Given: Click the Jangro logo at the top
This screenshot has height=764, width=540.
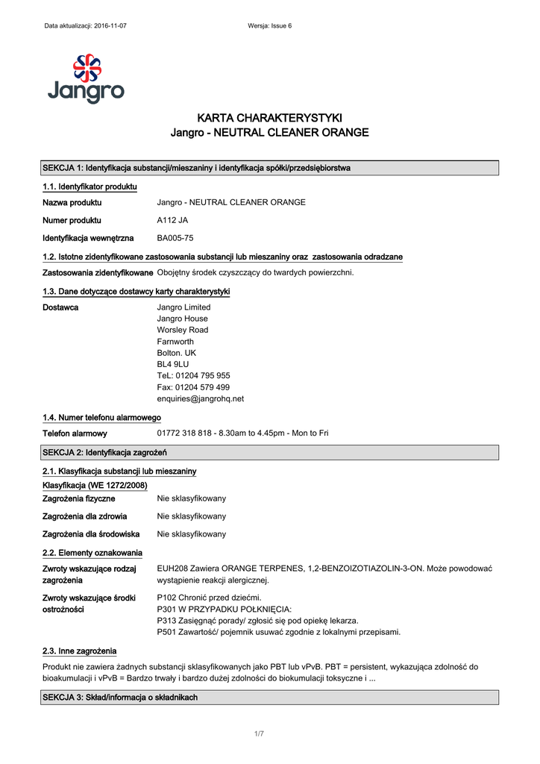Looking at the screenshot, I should point(86,78).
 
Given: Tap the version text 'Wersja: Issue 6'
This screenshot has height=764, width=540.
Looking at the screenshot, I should point(269,26).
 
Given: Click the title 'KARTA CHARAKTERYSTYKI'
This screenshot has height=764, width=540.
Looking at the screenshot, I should point(269,118).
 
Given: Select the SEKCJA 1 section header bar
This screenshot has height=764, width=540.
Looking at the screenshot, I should point(269,168).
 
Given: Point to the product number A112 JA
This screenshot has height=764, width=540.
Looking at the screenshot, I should point(172,220).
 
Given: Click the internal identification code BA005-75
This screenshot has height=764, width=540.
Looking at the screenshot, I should point(175,238).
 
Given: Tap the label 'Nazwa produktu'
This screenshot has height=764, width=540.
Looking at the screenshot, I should point(72,202).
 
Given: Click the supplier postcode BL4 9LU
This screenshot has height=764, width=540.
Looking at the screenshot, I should point(172,364).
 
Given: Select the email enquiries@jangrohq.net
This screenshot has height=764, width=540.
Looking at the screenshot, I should point(200,398).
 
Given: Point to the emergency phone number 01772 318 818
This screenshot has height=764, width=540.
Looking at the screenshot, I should point(187,433).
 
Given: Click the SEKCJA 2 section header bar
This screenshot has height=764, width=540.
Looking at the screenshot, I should point(269,452).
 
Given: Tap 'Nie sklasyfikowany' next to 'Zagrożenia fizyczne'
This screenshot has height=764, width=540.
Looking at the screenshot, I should point(191,498).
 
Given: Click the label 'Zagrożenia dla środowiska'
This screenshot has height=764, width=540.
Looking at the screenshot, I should point(91,534).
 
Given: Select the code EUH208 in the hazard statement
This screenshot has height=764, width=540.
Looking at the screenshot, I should point(173,569).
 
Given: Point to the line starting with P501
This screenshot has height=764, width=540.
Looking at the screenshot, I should point(278,632).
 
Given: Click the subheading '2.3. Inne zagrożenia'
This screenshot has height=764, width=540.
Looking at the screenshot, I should point(79,651).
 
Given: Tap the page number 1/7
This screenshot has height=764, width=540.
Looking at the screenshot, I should point(260,734).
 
